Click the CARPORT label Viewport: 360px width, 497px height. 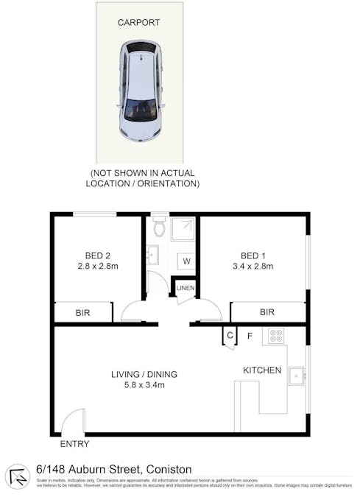139,23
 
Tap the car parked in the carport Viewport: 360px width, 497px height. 141,91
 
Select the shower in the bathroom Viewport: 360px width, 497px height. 183,229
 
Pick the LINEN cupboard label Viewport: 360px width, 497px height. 185,287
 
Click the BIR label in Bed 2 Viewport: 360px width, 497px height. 83,313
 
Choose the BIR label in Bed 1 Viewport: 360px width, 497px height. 267,312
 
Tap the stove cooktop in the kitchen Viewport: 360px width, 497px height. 277,336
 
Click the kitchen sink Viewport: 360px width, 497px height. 297,376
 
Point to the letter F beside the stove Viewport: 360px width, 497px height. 250,336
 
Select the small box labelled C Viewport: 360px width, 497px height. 230,336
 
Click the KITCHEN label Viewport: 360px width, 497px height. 262,370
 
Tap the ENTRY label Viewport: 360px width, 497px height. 74,444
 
